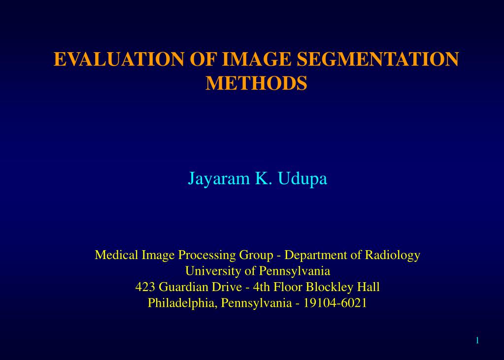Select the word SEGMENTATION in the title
377,59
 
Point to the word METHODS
256,83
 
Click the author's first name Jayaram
219,179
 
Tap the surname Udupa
302,179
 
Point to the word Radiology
392,255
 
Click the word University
213,271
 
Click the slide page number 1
477,341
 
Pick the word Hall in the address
368,287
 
